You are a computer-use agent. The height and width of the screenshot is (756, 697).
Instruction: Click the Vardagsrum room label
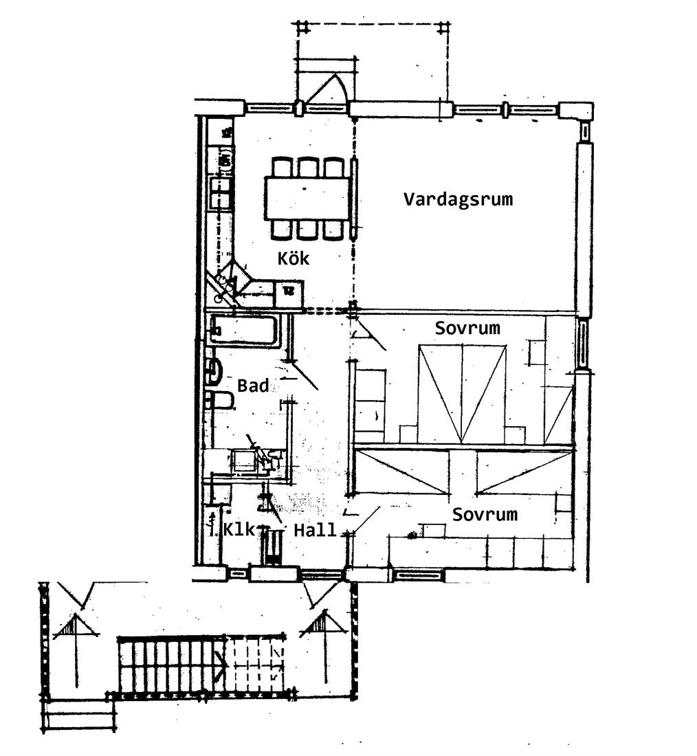pyautogui.click(x=458, y=199)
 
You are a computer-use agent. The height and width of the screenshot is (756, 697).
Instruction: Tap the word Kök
pyautogui.click(x=293, y=258)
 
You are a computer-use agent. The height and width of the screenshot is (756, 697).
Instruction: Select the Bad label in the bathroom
pyautogui.click(x=253, y=386)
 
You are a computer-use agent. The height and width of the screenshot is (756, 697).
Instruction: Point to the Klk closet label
pyautogui.click(x=239, y=529)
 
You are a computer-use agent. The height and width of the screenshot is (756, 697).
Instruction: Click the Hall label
pyautogui.click(x=315, y=531)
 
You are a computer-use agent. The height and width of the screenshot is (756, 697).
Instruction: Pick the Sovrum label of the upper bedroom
pyautogui.click(x=467, y=329)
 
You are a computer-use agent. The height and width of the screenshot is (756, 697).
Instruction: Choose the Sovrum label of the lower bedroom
pyautogui.click(x=485, y=515)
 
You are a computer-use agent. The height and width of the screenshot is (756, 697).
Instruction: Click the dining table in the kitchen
pyautogui.click(x=307, y=198)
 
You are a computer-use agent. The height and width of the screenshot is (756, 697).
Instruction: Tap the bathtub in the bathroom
pyautogui.click(x=243, y=330)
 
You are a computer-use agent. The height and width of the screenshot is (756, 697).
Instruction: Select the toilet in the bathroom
pyautogui.click(x=220, y=400)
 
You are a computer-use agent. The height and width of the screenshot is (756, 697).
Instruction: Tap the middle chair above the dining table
pyautogui.click(x=307, y=167)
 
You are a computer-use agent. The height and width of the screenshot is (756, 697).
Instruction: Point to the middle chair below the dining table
pyautogui.click(x=307, y=230)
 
